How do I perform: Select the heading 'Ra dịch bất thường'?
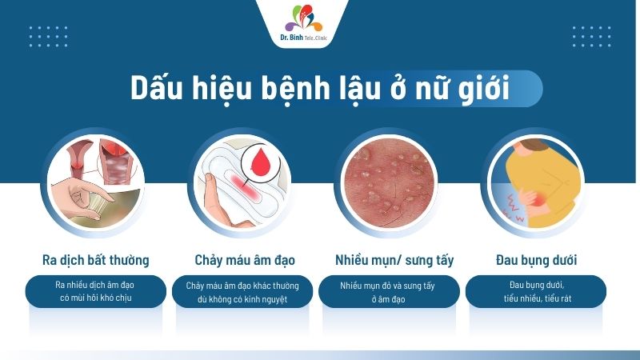[95, 261]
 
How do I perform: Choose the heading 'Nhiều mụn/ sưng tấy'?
[394, 261]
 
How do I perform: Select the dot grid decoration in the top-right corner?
[593, 35]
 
